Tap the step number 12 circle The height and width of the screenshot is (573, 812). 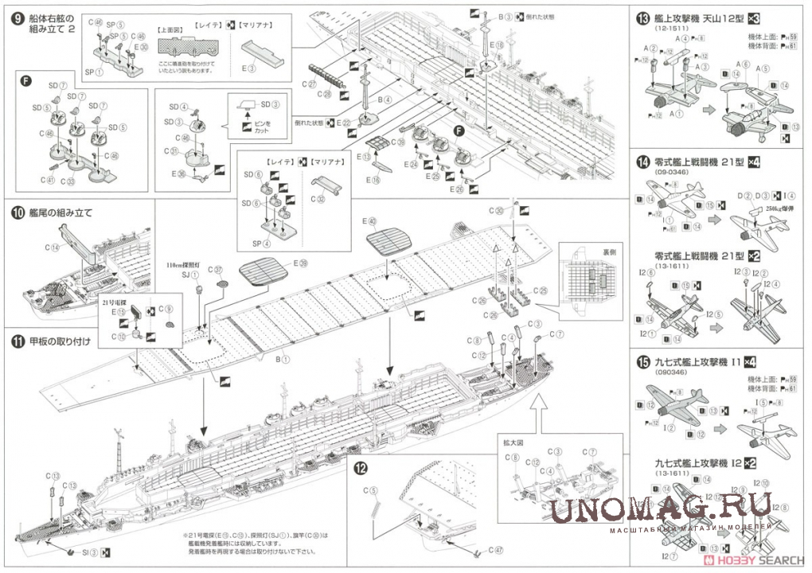click(x=361, y=468)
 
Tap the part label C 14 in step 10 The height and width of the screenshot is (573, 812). click(x=54, y=248)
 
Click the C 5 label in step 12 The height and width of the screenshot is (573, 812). click(x=372, y=490)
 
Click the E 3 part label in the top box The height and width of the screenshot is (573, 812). click(x=252, y=68)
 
